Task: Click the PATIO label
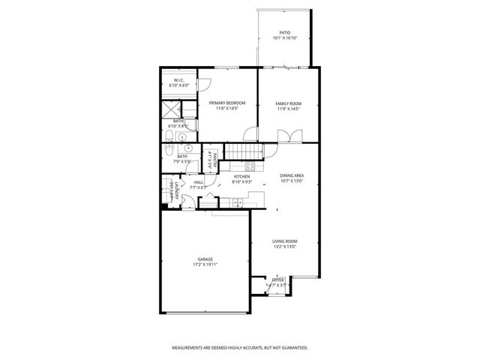(284, 32)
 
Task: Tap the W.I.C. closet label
(179, 80)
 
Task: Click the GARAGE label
(205, 259)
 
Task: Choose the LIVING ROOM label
(284, 241)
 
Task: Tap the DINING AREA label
(292, 175)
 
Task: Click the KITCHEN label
(241, 176)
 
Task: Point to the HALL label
(199, 181)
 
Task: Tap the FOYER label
(277, 280)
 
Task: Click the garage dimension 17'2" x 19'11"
(205, 265)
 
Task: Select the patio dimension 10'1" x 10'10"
(284, 37)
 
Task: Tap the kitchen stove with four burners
(250, 166)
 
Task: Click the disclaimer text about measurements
(239, 347)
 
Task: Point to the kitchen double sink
(238, 202)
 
